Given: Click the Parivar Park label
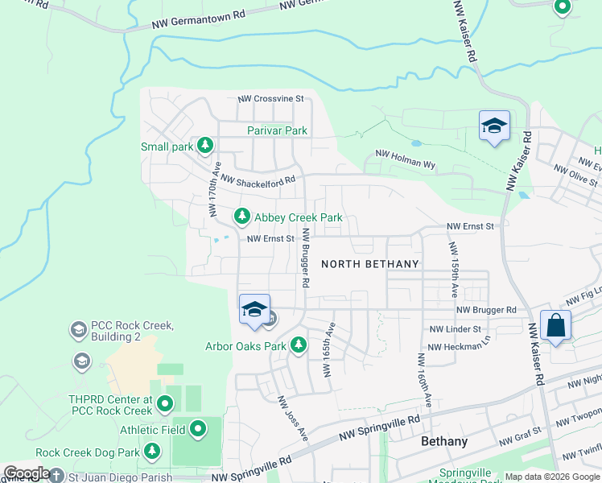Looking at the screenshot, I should (277, 130).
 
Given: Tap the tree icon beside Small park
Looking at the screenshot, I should (205, 146).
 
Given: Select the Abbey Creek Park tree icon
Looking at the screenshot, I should (241, 217).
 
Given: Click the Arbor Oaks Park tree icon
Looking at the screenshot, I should (299, 345).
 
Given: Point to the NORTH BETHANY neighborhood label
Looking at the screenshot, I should (370, 264).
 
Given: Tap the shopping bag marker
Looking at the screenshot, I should (555, 326).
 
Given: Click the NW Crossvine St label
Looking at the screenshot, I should (270, 99).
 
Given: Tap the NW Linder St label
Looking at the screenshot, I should (455, 329).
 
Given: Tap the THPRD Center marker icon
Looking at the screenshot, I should (165, 402).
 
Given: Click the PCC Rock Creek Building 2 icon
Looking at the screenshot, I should (78, 329).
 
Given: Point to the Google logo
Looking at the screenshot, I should (27, 473).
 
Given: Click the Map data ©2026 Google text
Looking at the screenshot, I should (551, 477).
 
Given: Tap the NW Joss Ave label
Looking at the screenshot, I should (292, 418).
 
